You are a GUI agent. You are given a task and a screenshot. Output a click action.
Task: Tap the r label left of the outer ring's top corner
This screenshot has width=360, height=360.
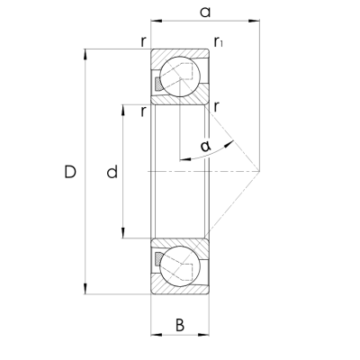point(142,40)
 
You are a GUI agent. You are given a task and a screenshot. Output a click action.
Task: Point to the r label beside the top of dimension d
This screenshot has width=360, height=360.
point(143,111)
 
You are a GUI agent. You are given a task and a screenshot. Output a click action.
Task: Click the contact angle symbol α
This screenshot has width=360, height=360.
point(206,145)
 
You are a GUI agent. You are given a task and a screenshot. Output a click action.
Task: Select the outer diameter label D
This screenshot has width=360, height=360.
point(70,171)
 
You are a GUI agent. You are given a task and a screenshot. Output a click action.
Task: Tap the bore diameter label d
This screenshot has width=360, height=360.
point(112,171)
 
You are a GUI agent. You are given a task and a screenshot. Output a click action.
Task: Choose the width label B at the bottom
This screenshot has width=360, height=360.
point(180,325)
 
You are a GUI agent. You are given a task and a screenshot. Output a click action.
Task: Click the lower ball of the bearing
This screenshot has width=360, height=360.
point(183,265)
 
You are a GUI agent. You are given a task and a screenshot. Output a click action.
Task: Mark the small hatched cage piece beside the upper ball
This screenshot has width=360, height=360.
point(158,84)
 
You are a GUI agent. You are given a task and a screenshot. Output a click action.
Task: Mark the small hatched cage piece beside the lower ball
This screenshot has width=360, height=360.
point(158,259)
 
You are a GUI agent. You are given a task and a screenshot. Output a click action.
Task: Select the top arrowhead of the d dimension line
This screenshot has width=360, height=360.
point(122,108)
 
